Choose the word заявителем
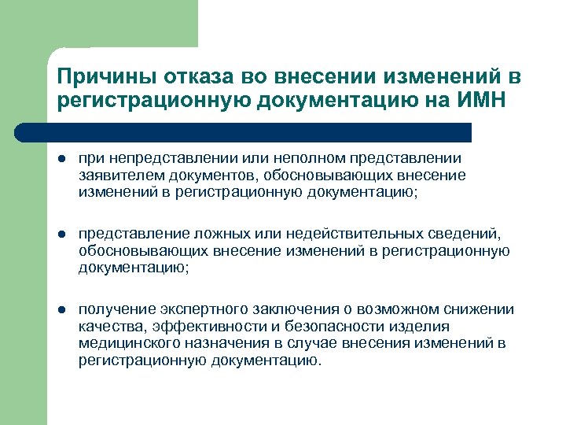point(114,176)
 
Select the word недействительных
point(344,236)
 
